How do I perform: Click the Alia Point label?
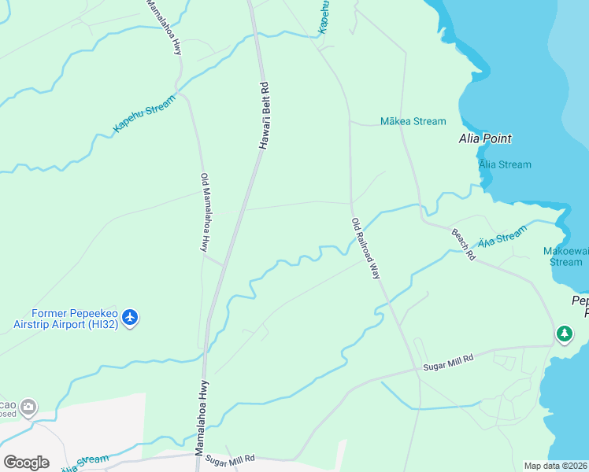pos(485,138)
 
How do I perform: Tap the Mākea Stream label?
pos(413,121)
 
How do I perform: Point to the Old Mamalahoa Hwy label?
pos(205,212)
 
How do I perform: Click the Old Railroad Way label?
pos(366,249)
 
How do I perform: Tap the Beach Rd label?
pos(463,245)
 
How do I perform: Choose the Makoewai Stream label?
pos(565,256)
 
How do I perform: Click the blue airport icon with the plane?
pos(130,318)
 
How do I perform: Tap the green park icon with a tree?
pos(564,334)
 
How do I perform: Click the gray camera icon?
pos(29,407)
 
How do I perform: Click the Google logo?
pos(26,463)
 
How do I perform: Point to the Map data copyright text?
pos(556,466)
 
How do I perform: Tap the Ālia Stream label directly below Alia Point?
pos(505,164)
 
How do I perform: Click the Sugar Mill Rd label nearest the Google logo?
pos(231,459)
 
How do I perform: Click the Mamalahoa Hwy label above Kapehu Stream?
pos(164,27)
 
